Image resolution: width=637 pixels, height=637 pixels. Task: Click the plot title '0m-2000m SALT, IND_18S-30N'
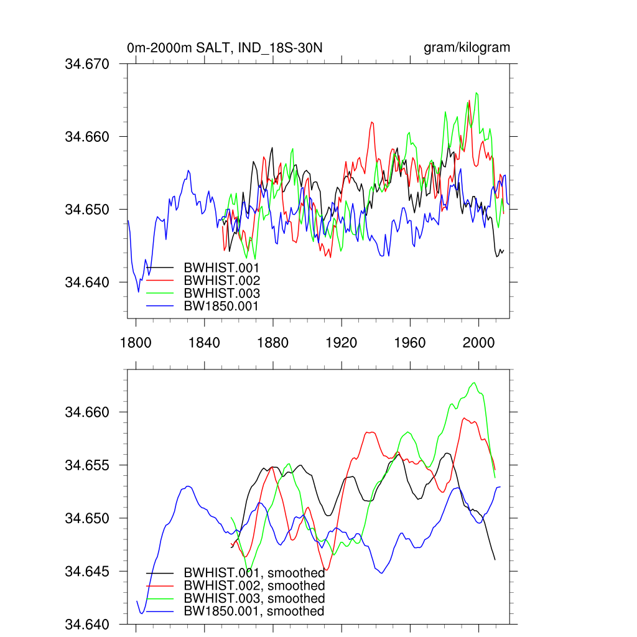click(x=225, y=48)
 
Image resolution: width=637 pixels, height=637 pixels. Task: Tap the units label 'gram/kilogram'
click(x=467, y=48)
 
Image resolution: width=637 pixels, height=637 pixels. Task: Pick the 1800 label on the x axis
click(x=136, y=343)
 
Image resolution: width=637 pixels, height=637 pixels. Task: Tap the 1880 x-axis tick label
click(x=273, y=343)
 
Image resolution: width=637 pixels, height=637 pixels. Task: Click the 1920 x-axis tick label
click(x=342, y=343)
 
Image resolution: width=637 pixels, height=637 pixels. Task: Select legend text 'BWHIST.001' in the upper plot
click(x=221, y=268)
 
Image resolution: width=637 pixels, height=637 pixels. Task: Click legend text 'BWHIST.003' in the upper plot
click(x=221, y=293)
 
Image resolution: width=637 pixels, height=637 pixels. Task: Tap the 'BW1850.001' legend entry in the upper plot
click(x=221, y=305)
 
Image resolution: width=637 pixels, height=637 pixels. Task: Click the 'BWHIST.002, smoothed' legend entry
click(x=254, y=586)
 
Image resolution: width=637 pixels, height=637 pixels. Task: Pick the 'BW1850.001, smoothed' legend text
click(x=254, y=611)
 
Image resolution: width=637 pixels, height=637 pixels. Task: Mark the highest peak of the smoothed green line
click(x=475, y=383)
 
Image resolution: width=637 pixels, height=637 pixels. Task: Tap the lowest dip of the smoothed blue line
click(x=142, y=613)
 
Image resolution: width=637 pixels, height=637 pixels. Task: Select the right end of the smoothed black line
click(x=495, y=560)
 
